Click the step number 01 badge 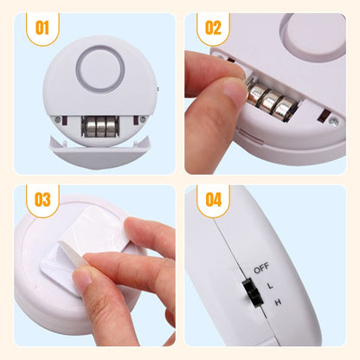click(x=42, y=28)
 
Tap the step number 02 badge click(x=213, y=28)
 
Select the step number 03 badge click(x=42, y=200)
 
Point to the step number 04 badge click(x=213, y=200)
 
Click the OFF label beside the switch click(x=261, y=268)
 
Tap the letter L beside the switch click(x=270, y=286)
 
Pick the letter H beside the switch click(x=278, y=303)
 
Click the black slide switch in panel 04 click(x=253, y=293)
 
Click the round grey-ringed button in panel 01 click(x=100, y=69)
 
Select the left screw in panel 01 click(x=58, y=119)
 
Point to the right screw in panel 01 click(x=143, y=119)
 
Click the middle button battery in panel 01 click(x=101, y=126)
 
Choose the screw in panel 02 click(x=333, y=122)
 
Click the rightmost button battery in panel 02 click(x=285, y=109)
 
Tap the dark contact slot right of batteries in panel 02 click(x=324, y=115)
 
